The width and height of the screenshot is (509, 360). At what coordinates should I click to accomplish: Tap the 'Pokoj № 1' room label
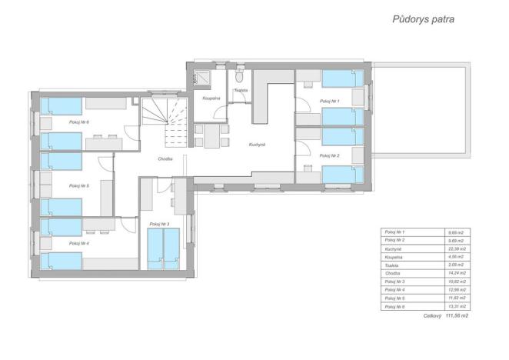point(329,101)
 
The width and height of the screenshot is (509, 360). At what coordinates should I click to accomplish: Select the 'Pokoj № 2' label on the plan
point(329,155)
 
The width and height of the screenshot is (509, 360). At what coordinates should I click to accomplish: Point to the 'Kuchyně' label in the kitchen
point(257,145)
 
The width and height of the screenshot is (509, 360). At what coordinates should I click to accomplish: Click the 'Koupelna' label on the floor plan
point(211,98)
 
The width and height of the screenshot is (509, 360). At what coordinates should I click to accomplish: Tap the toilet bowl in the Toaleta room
point(239,78)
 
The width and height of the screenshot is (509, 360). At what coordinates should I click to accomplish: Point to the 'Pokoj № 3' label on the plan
point(159,224)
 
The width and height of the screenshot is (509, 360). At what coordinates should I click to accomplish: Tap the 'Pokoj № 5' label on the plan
point(78,185)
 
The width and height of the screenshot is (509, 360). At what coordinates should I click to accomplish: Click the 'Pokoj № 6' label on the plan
point(78,122)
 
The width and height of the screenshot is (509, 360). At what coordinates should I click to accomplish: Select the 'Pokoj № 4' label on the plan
point(78,243)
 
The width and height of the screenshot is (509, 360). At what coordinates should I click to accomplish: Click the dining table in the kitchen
point(211,135)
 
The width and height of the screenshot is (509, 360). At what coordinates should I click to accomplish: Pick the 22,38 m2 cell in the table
point(458,249)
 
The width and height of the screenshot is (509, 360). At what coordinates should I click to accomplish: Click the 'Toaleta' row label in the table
point(393,265)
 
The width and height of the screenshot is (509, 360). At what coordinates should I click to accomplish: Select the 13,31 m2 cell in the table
point(458,307)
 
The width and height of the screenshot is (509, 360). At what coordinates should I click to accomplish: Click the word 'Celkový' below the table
point(431,315)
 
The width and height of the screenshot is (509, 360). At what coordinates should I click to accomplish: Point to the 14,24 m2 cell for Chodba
point(458,274)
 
